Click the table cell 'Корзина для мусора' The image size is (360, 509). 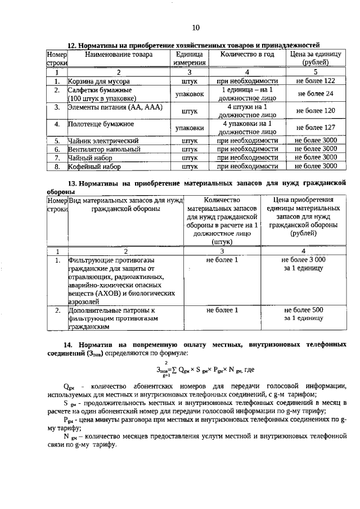tap(99, 81)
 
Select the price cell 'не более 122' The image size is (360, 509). tap(315, 81)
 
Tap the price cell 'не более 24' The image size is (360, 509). tap(315, 94)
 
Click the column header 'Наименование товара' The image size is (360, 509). tap(118, 55)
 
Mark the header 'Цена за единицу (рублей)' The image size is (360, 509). tap(315, 59)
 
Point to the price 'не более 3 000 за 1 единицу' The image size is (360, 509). tap(303, 264)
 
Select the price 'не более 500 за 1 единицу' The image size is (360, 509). tap(303, 314)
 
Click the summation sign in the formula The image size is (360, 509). tap(174, 370)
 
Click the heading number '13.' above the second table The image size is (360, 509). tap(71, 183)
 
